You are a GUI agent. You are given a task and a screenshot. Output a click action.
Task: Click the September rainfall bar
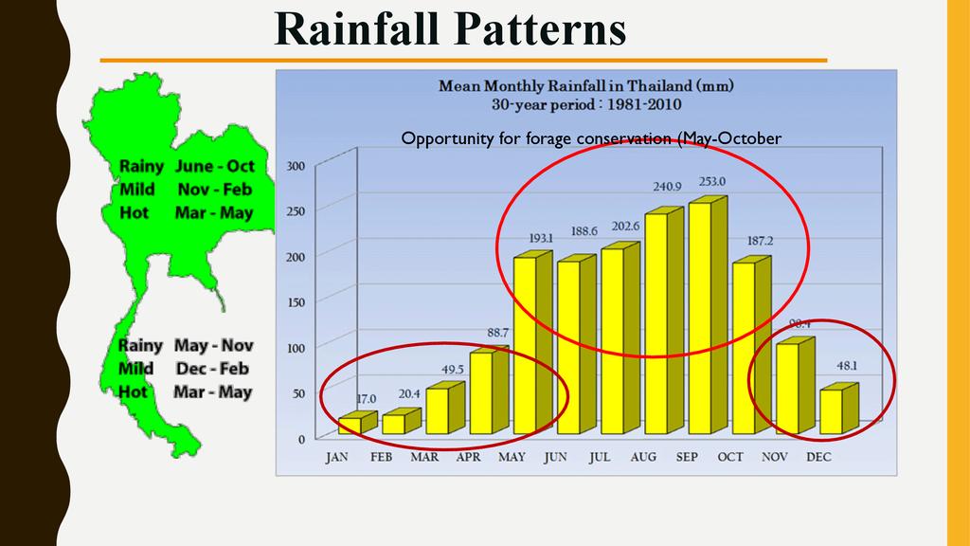pyautogui.click(x=702, y=318)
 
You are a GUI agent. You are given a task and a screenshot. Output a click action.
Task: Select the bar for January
pyautogui.click(x=349, y=425)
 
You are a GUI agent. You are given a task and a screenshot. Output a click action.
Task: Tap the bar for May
pyautogui.click(x=525, y=345)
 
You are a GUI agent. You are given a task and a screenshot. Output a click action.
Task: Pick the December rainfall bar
pyautogui.click(x=831, y=411)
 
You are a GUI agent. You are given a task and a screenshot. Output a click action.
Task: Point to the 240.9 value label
pyautogui.click(x=664, y=187)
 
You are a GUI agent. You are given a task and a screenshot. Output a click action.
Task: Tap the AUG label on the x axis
pyautogui.click(x=643, y=457)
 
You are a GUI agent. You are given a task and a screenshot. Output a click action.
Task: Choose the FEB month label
pyautogui.click(x=381, y=457)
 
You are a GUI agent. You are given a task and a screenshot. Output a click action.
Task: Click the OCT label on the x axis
pyautogui.click(x=730, y=457)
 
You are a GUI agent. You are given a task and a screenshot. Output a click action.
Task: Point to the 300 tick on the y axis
pyautogui.click(x=296, y=166)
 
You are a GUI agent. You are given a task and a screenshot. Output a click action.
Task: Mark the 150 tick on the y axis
pyautogui.click(x=296, y=302)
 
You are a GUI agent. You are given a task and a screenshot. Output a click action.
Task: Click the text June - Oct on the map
pyautogui.click(x=214, y=167)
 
